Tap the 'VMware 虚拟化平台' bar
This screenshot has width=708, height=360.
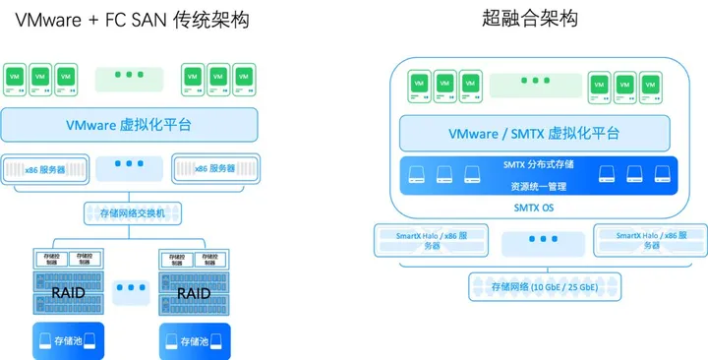click(x=130, y=125)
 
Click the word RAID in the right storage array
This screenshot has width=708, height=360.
click(x=194, y=293)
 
